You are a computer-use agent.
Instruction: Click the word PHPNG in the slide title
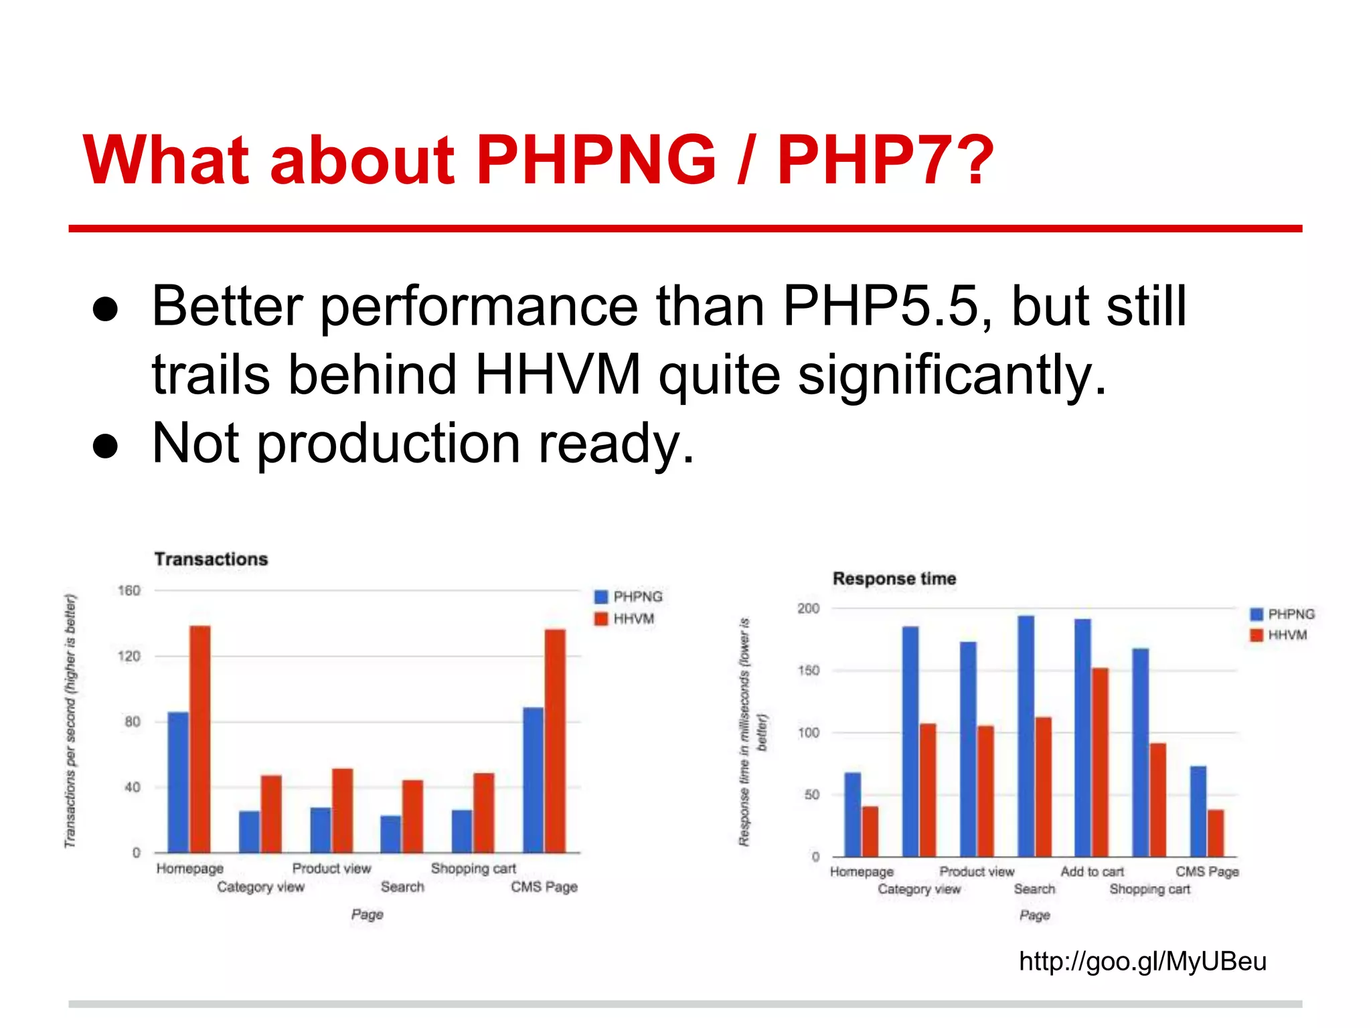(x=596, y=161)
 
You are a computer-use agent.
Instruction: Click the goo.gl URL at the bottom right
(x=1142, y=962)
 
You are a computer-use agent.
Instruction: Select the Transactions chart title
(x=211, y=559)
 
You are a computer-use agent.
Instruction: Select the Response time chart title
(x=894, y=579)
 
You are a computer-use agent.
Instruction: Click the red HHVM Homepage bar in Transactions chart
(x=200, y=739)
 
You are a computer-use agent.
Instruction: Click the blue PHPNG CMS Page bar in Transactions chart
(x=533, y=780)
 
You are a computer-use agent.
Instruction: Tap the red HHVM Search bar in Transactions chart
(x=412, y=816)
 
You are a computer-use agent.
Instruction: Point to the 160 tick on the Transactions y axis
(x=129, y=590)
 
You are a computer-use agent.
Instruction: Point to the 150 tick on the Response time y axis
(x=808, y=671)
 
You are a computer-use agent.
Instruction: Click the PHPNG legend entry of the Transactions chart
(x=629, y=596)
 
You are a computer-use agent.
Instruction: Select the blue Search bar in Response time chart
(x=1026, y=736)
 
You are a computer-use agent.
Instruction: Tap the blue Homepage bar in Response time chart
(x=852, y=815)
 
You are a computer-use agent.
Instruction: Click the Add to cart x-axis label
(x=1092, y=871)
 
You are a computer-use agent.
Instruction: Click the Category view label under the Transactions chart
(x=260, y=887)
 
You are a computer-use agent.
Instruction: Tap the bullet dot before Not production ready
(x=106, y=446)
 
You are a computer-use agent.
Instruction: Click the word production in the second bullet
(x=388, y=444)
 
